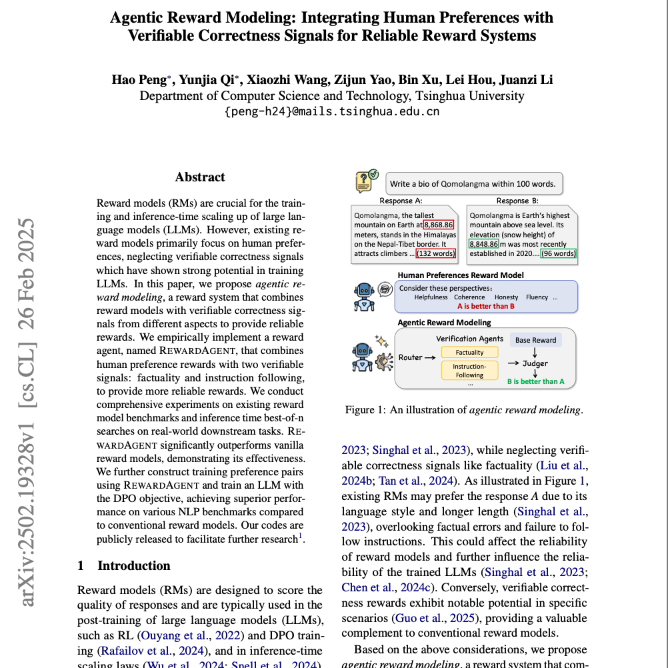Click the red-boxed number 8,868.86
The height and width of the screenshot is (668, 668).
(x=438, y=225)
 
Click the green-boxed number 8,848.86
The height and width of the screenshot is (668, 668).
(x=484, y=244)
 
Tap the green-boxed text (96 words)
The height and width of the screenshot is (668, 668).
(x=559, y=253)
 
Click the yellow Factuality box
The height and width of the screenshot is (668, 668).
(x=469, y=353)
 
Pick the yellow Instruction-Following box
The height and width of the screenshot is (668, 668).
(x=469, y=371)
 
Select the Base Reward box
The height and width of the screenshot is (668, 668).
(x=535, y=340)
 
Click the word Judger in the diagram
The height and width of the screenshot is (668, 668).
(x=535, y=363)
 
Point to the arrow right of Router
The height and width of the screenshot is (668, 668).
(x=430, y=358)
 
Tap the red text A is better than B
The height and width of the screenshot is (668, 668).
(x=485, y=306)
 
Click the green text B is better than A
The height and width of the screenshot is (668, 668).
(x=535, y=381)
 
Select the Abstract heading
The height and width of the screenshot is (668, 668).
(x=200, y=177)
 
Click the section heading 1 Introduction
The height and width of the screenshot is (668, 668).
(x=124, y=566)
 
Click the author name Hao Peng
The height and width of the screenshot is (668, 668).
(x=139, y=81)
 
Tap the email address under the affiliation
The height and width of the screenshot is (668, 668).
(x=332, y=111)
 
